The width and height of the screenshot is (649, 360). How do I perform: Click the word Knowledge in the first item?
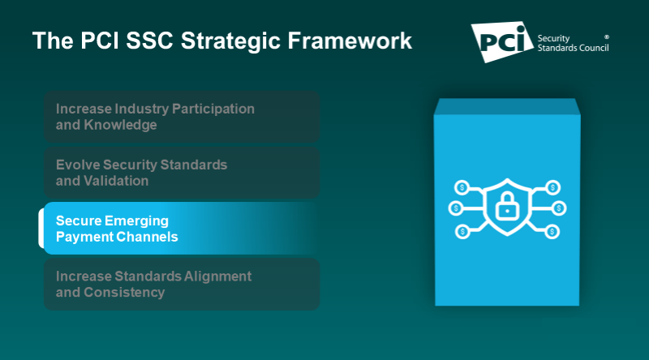point(120,125)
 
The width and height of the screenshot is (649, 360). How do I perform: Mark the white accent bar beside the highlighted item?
point(41,228)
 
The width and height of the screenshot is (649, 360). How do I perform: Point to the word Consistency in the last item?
point(124,292)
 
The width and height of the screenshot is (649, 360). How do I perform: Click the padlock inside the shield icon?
point(507,208)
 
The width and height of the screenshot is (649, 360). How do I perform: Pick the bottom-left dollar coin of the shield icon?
point(462,231)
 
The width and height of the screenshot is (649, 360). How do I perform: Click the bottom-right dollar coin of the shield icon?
point(552,231)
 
